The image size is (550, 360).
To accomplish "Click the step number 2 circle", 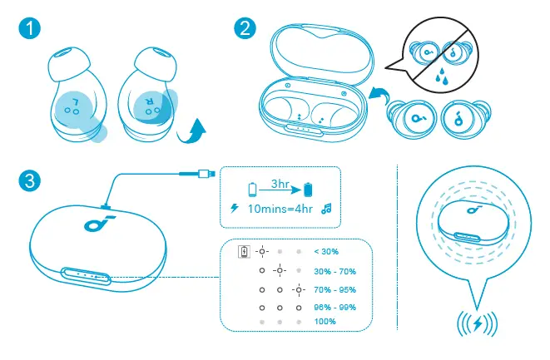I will pos(245,28).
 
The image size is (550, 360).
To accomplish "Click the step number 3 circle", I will pos(32,178).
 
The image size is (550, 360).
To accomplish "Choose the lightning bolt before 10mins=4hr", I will pos(234,209).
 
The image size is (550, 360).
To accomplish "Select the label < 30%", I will pos(325,251).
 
